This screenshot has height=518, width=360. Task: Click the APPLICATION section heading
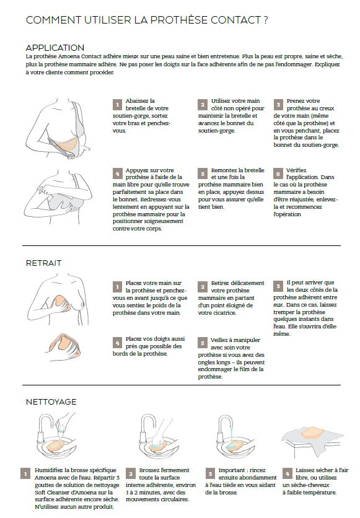coord(55,48)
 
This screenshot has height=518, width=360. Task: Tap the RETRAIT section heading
coord(43,263)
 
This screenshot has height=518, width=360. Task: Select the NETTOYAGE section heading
coord(51,402)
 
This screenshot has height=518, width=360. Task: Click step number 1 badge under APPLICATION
coord(117,105)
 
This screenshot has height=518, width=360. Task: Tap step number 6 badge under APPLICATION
coord(278,173)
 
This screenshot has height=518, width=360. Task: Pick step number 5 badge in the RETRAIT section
coord(203,343)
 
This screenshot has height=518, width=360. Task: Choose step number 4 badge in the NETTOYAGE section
coord(287,473)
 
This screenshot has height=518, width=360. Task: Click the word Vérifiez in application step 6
coord(296,170)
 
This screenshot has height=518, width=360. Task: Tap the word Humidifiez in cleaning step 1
coord(49,470)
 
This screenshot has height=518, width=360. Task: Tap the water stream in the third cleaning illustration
coord(232,434)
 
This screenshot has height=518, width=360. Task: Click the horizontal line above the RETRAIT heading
coord(182,246)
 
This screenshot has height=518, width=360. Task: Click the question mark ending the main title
coord(266,20)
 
